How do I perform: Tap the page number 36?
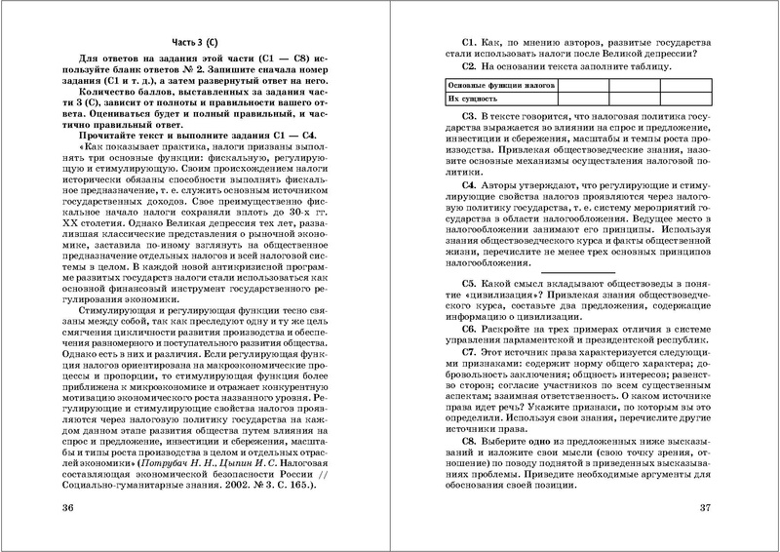[x=68, y=507]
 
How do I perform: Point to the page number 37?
[x=708, y=507]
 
